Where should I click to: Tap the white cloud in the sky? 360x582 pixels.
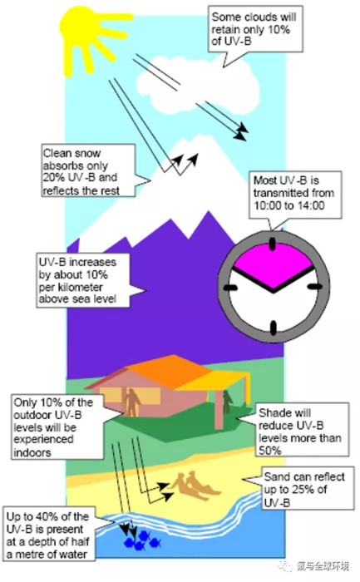[x=198, y=86]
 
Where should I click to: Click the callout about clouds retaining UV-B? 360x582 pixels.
[x=255, y=29]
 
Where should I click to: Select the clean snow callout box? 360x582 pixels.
[x=88, y=170]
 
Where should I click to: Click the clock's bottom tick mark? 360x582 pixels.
[x=274, y=328]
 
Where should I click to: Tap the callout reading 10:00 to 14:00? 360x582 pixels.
[x=295, y=195]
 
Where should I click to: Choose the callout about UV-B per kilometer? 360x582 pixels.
[x=83, y=280]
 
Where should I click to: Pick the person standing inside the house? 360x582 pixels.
[x=131, y=402]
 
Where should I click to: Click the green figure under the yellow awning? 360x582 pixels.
[x=227, y=402]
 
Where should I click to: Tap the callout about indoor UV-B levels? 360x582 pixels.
[x=57, y=427]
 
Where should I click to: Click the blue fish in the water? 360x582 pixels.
[x=142, y=540]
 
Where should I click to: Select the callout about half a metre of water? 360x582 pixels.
[x=48, y=534]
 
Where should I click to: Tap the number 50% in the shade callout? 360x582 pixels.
[x=270, y=450]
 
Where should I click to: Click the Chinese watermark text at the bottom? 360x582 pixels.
[x=322, y=566]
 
